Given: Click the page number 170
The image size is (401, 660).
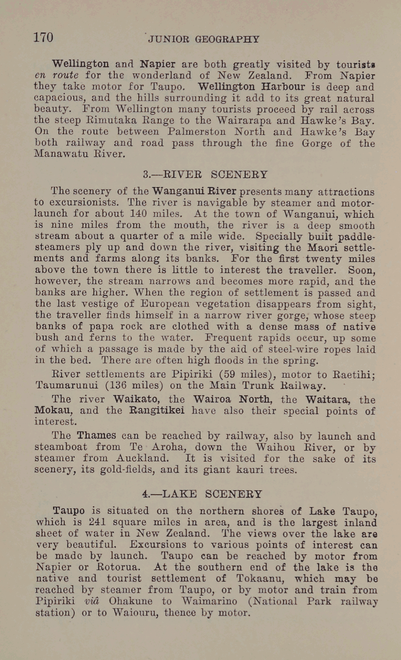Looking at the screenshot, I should click(43, 37).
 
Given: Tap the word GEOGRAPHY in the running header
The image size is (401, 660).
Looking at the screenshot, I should click(227, 39).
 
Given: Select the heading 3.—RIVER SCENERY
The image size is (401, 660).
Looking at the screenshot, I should click(205, 175).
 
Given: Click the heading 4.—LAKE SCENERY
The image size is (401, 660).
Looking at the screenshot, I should click(202, 494).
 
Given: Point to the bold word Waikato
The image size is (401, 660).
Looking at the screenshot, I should click(136, 399).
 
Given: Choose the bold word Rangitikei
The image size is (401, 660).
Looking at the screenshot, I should click(157, 411).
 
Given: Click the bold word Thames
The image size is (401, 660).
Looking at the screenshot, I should click(96, 435).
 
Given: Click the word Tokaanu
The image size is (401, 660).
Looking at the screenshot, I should click(257, 579).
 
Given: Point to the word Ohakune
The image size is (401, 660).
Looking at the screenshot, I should click(130, 601).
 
